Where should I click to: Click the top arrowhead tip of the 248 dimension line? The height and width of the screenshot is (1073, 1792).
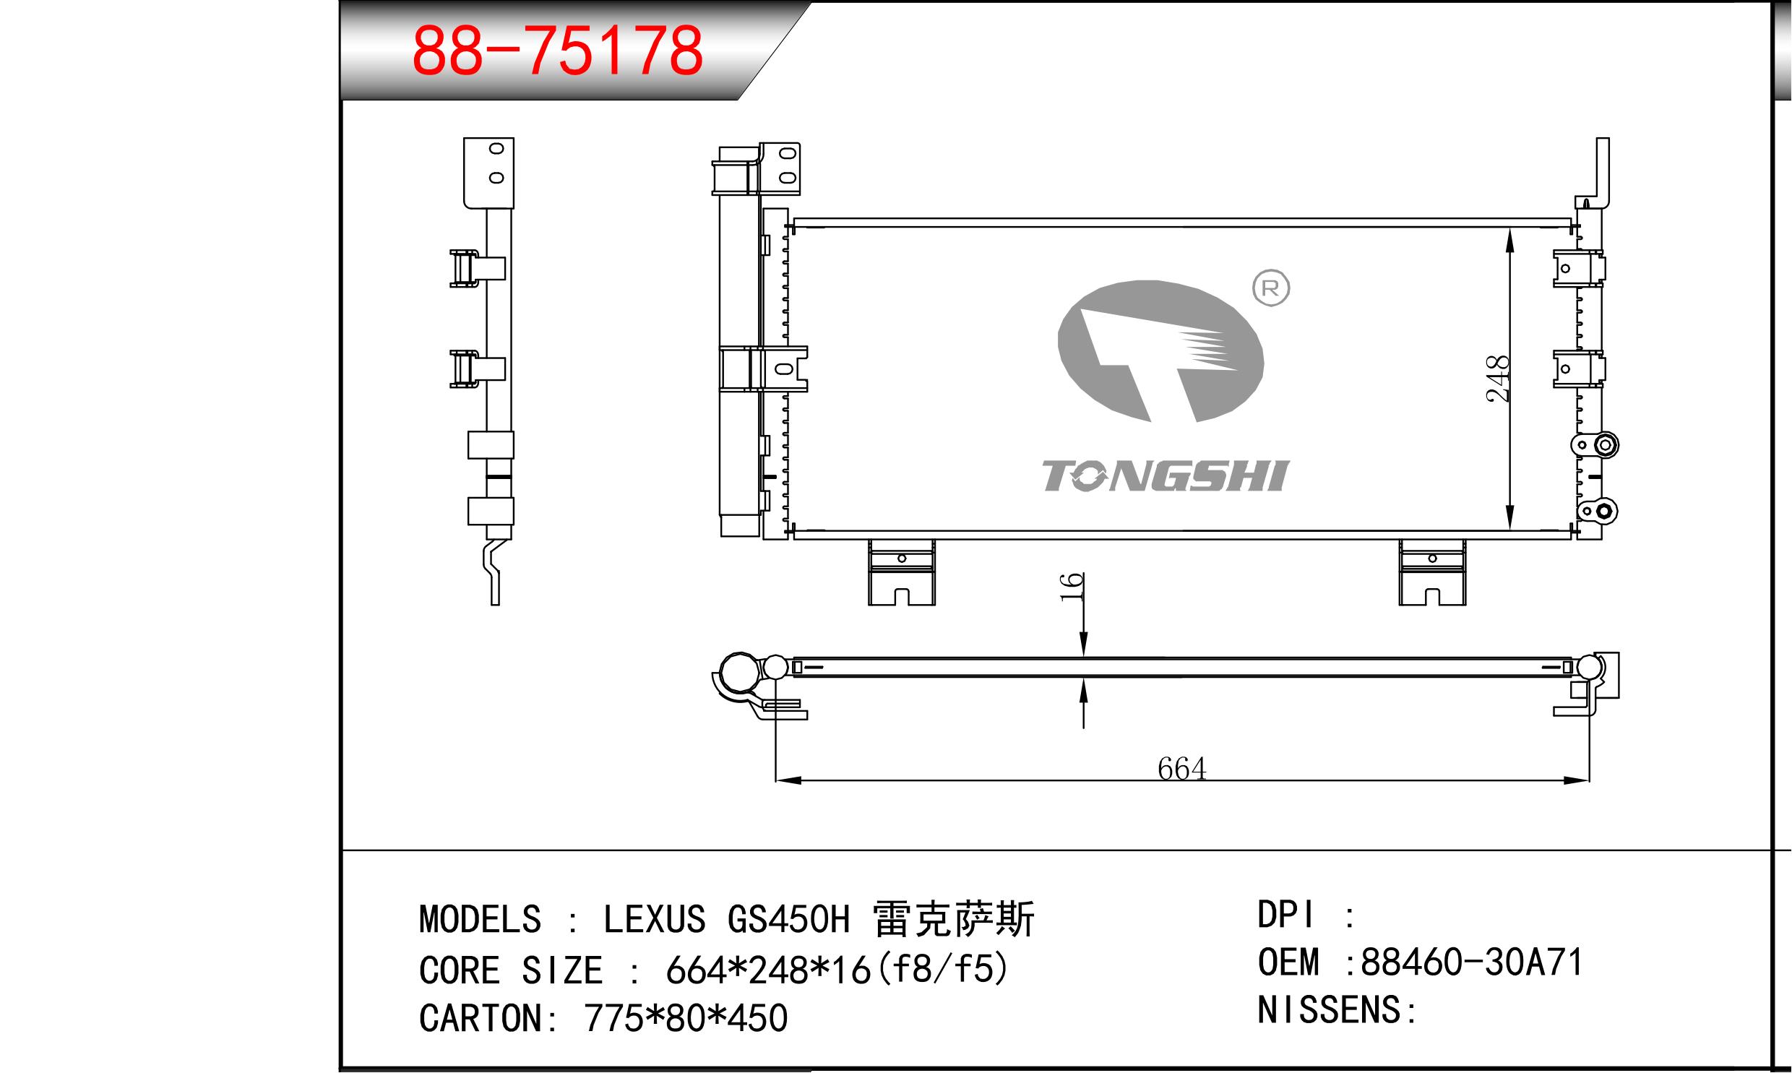[x=1509, y=228]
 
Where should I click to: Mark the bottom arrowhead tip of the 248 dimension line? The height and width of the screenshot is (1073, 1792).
[x=1509, y=530]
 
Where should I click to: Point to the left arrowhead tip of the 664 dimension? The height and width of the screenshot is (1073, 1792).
[x=775, y=780]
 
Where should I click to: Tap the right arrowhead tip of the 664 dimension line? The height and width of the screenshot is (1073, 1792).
[x=1589, y=780]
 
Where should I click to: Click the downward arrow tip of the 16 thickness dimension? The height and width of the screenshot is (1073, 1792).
[x=1084, y=657]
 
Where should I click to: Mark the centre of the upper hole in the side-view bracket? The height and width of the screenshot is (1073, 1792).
[x=496, y=149]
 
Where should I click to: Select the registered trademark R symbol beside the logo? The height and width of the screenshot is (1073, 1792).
[x=1270, y=288]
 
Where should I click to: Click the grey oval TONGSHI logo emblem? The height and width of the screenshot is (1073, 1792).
[x=1160, y=351]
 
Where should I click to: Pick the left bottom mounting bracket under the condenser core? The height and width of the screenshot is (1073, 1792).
[x=902, y=573]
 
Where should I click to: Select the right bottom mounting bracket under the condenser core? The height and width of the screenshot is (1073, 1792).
[x=1432, y=573]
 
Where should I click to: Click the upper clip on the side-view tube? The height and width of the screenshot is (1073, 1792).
[x=477, y=268]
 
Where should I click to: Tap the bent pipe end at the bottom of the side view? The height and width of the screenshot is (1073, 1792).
[x=492, y=573]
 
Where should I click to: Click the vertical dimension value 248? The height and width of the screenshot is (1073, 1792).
[x=1496, y=378]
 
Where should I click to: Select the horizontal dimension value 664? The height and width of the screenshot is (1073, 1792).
[x=1181, y=769]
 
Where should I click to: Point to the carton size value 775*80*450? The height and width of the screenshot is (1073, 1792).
[x=685, y=1019]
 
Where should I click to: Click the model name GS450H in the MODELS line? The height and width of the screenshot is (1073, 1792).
[x=788, y=920]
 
